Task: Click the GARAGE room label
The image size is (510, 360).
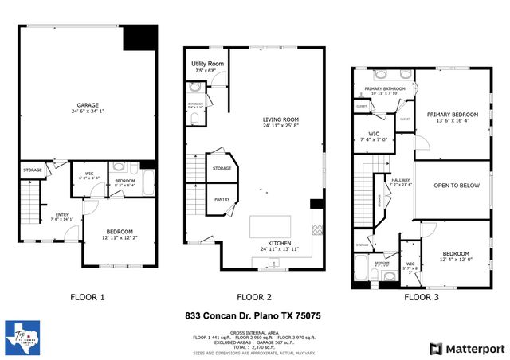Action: tap(88, 104)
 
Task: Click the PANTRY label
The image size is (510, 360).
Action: tap(222, 200)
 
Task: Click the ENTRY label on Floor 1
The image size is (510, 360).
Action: tap(61, 213)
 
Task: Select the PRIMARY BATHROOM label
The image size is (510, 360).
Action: tap(385, 88)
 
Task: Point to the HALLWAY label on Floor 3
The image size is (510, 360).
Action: tap(400, 180)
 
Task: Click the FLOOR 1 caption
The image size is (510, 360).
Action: tap(88, 297)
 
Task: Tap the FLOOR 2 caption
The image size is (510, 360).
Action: tap(259, 297)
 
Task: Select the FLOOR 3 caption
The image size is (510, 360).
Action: tap(422, 297)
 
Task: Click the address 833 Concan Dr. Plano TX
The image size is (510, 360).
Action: tap(254, 316)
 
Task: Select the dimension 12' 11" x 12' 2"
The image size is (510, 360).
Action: tap(120, 237)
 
